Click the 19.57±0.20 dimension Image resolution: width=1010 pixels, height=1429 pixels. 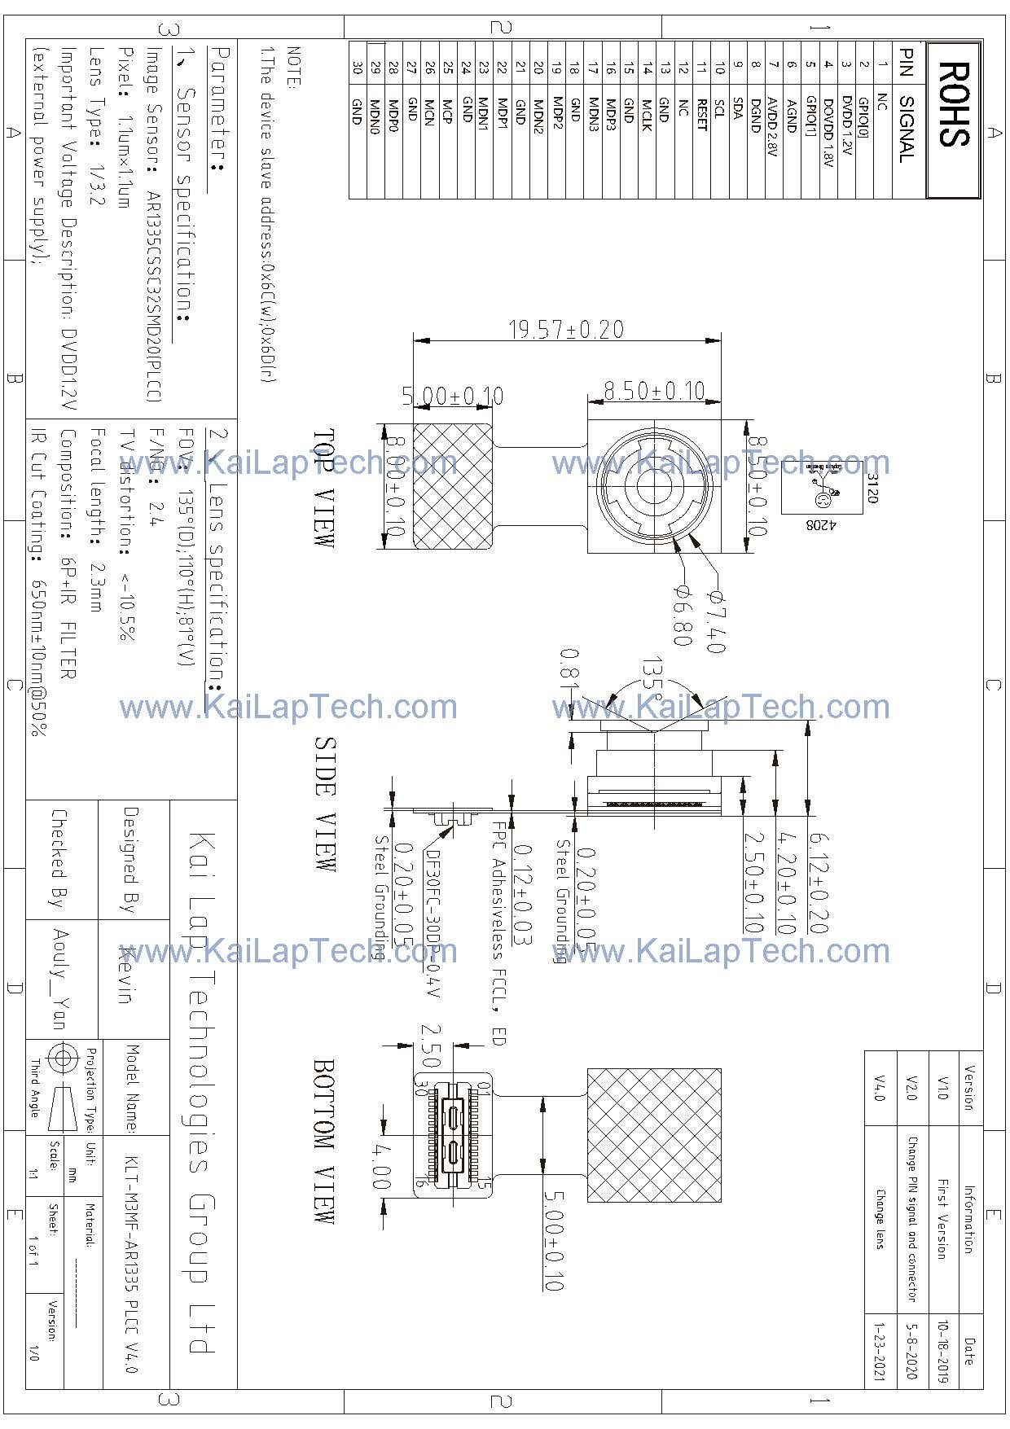click(x=566, y=330)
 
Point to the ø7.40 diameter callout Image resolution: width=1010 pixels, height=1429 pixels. click(x=714, y=623)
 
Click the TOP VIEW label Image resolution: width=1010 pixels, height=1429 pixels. click(x=324, y=488)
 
